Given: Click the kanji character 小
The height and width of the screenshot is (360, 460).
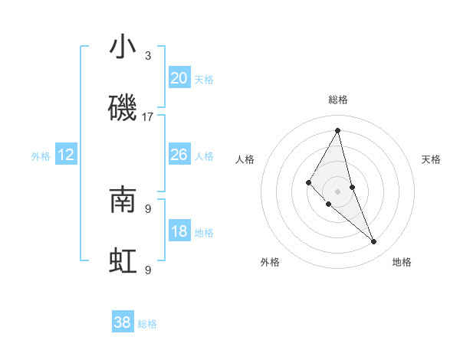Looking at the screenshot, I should coord(123,47).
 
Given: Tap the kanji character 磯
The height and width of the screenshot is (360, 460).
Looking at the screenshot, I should coord(123,109).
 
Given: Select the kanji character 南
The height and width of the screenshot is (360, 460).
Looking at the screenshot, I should coord(123,200).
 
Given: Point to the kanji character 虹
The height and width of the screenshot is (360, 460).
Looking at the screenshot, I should coord(123,261).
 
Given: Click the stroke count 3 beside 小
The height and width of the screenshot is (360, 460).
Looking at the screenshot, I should coord(148,56).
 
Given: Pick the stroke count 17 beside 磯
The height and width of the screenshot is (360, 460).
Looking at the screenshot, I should coord(148,117).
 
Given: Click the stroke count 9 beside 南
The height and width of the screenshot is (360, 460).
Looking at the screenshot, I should coord(148,208).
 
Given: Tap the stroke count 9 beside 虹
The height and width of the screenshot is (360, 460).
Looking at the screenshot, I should coord(148,270).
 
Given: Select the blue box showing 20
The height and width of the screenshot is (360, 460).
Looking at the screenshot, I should coord(179,78).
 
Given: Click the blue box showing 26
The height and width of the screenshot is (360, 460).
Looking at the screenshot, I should coord(179,155).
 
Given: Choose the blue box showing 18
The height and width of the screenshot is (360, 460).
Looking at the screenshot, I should coord(179,231).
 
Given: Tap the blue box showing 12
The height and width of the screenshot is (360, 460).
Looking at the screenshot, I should coord(66,155).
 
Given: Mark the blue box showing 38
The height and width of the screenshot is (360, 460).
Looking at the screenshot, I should coord(123,322).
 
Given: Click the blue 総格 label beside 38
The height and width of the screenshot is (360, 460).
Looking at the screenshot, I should coord(147,324).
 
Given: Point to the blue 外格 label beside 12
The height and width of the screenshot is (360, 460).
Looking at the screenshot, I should coord(41,156).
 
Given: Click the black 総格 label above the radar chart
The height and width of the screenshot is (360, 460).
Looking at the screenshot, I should coord(338,100).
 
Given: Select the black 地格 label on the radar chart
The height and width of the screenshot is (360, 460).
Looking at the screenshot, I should coord(402,262).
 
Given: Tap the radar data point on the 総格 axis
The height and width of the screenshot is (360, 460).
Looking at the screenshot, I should coord(338,130).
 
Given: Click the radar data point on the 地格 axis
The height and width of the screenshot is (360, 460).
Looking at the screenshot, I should coord(374,242).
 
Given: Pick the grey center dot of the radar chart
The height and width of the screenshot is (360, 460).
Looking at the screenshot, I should coord(338,191).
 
